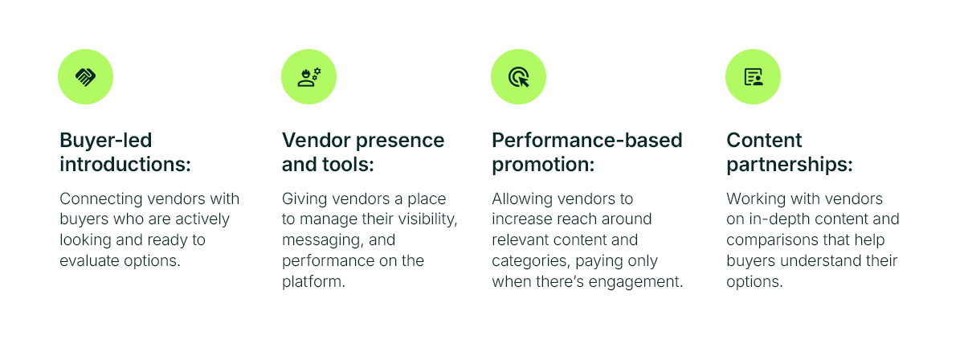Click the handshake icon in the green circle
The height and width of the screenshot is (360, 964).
pos(86,77)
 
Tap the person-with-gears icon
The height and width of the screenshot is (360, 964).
pos(309,77)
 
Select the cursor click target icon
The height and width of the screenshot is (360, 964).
pos(519,77)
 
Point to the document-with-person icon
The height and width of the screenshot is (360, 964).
pos(754,77)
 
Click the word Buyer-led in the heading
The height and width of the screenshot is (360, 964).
pos(106,141)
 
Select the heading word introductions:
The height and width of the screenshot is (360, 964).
pos(125,165)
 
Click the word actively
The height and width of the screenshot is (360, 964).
pos(202,219)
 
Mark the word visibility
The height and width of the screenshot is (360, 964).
pos(427,219)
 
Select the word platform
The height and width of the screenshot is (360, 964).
pos(313,282)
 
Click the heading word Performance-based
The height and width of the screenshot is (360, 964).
pos(587,141)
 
